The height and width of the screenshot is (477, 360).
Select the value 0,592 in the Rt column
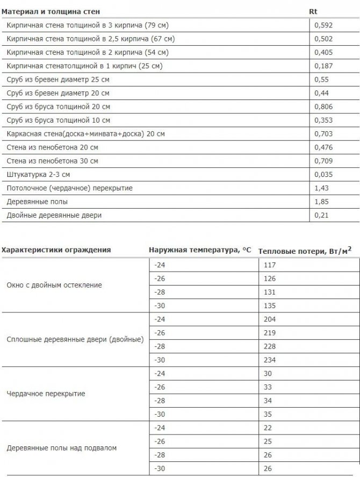[x=322, y=25]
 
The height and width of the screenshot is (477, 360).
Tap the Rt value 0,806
[x=322, y=106]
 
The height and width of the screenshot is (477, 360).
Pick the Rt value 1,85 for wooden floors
[x=321, y=202]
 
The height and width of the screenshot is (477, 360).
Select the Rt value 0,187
[x=322, y=66]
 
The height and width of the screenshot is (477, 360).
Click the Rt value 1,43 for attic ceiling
[x=321, y=188]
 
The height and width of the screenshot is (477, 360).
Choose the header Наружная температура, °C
[x=199, y=250]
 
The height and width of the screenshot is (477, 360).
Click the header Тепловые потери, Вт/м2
[x=305, y=250]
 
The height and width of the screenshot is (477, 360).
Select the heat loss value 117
[x=269, y=265]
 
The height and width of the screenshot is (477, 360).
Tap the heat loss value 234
[x=269, y=360]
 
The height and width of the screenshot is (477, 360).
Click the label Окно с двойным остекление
[x=54, y=285]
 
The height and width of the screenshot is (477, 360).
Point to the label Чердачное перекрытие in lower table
[x=46, y=394]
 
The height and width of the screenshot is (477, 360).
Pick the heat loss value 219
[x=269, y=333]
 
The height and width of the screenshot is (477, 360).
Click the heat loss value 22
[x=268, y=428]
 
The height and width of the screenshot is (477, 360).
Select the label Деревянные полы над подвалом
[x=61, y=448]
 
